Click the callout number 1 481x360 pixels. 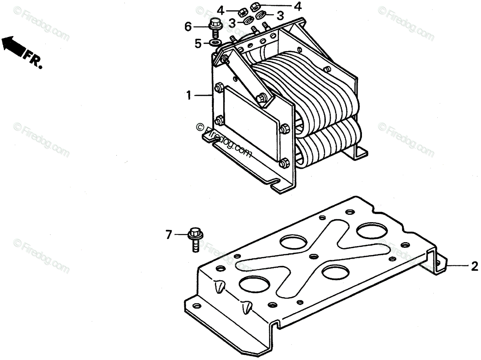click(x=188, y=95)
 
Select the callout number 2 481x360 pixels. click(x=475, y=266)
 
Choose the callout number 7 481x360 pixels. click(x=169, y=235)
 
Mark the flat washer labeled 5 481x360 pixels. click(x=215, y=42)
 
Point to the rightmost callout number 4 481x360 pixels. click(x=297, y=7)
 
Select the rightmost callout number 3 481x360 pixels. click(x=280, y=16)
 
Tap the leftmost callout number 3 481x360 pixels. click(x=232, y=23)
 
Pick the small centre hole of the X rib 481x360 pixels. click(x=313, y=255)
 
